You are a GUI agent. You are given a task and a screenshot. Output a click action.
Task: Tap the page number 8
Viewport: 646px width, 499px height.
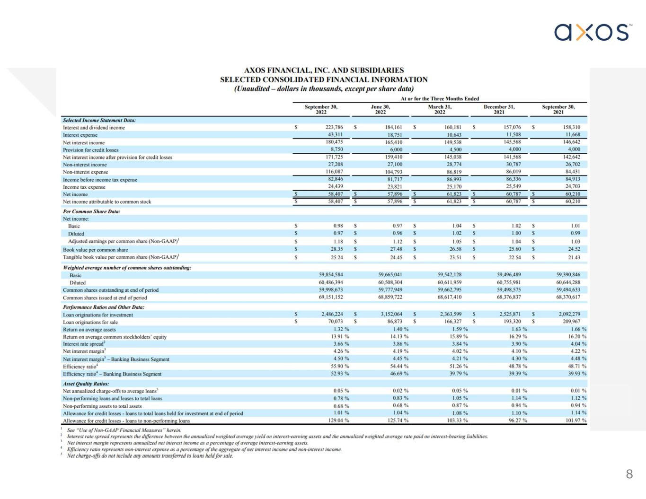coord(629,474)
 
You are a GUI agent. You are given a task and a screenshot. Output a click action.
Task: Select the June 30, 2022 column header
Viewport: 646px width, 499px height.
coord(380,109)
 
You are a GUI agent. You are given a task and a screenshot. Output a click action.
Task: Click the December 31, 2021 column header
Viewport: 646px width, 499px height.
coord(499,109)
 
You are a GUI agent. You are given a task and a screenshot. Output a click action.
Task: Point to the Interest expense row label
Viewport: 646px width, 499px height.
coord(80,135)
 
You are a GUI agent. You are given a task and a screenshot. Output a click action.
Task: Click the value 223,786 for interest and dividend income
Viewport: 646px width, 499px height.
coord(334,127)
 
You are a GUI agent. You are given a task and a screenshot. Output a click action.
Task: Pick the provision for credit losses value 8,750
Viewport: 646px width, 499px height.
coord(337,149)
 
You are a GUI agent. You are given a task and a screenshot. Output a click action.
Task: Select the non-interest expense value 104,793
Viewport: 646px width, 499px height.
coord(394,172)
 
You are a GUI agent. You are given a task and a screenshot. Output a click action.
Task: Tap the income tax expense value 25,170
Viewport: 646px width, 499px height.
coord(454,186)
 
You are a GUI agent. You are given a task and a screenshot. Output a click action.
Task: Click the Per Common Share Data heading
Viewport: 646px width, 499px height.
coord(91,211)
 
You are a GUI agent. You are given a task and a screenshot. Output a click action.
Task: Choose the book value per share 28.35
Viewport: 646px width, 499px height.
coord(337,249)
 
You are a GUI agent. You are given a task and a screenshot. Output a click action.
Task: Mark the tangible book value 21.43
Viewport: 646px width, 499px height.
coord(574,257)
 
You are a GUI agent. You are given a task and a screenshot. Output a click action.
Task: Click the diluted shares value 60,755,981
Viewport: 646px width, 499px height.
coord(509,282)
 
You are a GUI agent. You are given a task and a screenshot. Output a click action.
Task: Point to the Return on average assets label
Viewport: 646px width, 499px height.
coord(89,329)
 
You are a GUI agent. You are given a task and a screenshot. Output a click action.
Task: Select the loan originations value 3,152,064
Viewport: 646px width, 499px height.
coord(391,314)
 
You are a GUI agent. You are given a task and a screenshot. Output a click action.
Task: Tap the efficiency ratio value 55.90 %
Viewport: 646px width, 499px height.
coord(340,366)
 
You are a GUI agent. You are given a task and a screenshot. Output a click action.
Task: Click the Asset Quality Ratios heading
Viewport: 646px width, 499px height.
coord(86,384)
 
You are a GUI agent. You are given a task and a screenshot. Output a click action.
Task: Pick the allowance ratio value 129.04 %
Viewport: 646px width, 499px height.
coord(338,420)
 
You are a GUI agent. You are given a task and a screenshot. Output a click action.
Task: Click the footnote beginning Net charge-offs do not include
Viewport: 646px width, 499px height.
coord(150,456)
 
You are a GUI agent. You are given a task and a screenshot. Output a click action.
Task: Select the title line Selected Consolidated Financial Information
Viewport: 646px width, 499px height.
coord(324,79)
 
